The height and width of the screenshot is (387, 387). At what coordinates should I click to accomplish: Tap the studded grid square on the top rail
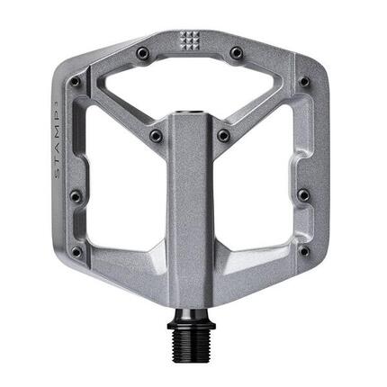(189, 40)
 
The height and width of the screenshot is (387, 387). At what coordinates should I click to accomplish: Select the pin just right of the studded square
(236, 53)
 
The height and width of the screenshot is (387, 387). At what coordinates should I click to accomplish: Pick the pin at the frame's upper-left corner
(75, 82)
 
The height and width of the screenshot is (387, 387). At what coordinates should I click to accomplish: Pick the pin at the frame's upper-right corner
(304, 82)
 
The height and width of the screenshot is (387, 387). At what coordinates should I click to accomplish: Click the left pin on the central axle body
(156, 136)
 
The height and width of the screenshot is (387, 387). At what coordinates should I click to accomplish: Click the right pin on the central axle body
(223, 136)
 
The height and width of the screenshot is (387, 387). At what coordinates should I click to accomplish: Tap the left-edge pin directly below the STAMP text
(76, 195)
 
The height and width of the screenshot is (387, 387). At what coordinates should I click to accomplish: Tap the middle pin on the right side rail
(303, 194)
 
